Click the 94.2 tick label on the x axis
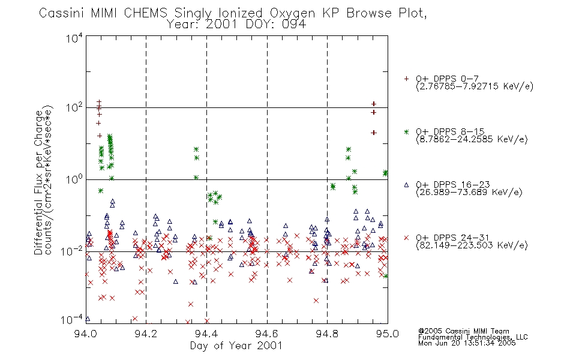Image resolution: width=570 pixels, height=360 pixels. tap(146, 334)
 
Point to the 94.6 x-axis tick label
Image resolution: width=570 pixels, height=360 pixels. tap(267, 334)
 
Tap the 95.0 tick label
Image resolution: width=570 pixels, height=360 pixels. tap(388, 334)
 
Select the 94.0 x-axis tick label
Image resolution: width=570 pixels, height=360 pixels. tap(85, 334)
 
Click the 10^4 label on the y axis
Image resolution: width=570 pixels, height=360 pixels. tap(74, 38)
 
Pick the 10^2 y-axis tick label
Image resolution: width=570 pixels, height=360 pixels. tap(74, 108)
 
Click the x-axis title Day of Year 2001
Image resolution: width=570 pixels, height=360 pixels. tap(236, 346)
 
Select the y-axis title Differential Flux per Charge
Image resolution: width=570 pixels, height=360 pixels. tap(38, 182)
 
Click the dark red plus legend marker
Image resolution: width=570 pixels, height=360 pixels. tap(406, 79)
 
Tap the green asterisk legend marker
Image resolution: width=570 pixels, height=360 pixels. tap(406, 131)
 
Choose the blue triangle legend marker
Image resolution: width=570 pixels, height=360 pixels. tap(406, 185)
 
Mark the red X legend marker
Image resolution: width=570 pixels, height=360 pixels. tap(406, 238)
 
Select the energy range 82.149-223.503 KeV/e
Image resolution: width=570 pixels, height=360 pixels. tap(472, 245)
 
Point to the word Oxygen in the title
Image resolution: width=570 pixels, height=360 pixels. tap(292, 13)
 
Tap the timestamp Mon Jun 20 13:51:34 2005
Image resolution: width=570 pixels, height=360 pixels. tap(467, 343)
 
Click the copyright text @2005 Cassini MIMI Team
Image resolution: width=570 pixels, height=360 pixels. tap(463, 331)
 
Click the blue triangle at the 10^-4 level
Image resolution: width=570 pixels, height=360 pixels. tap(87, 319)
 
